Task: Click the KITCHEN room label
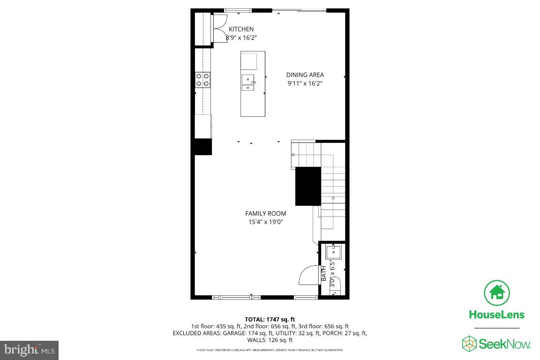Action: (241, 29)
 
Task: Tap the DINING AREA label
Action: (305, 75)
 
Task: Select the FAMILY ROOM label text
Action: (265, 213)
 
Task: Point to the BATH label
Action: (323, 274)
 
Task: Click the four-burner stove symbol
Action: (202, 80)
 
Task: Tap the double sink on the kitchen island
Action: (248, 82)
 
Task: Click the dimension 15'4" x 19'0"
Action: (265, 222)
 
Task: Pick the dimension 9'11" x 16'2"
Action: (305, 83)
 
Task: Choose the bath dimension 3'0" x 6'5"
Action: (332, 274)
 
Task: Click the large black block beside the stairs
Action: (308, 186)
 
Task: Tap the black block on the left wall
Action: (203, 147)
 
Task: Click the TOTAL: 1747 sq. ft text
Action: (270, 319)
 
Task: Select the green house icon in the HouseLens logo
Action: (497, 293)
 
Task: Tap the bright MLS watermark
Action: (29, 350)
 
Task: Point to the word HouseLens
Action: (497, 315)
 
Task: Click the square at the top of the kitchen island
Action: (249, 61)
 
